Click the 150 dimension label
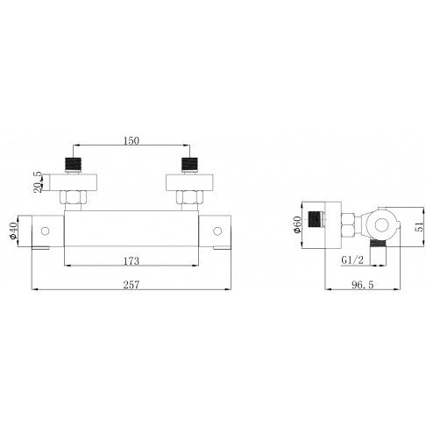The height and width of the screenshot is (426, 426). point(131,140)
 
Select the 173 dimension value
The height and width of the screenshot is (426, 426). point(131,261)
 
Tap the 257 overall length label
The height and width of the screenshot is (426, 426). point(131,285)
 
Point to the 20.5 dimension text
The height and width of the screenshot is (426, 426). point(38,182)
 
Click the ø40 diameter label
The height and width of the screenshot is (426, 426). point(13,231)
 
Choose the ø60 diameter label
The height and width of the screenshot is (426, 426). point(297,224)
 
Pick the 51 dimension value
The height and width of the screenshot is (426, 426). point(420,226)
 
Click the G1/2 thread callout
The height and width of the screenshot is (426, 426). point(352,260)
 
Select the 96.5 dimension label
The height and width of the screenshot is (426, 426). point(363,285)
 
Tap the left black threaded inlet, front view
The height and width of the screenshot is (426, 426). point(73,164)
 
